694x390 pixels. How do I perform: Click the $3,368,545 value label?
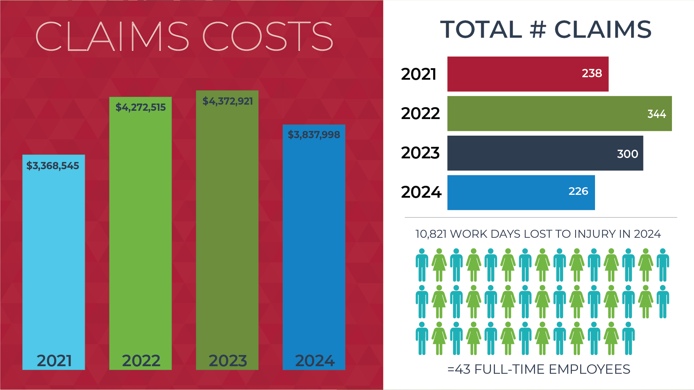53,166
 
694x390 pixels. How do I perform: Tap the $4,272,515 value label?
141,108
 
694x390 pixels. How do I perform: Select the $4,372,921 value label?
228,101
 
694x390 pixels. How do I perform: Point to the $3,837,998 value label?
314,135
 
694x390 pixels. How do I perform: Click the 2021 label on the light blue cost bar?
54,361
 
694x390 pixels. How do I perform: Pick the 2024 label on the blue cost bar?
315,361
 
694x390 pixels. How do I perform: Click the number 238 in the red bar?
592,74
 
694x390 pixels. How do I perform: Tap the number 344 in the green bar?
656,114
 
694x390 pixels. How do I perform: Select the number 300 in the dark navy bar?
628,154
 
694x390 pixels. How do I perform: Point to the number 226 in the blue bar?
578,191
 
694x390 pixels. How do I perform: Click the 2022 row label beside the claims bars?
420,114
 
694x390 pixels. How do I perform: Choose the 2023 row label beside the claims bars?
420,153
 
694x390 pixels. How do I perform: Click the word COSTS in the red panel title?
267,36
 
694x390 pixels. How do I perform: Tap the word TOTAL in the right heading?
481,30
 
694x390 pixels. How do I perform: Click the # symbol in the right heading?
538,30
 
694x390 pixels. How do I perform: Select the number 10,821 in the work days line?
431,234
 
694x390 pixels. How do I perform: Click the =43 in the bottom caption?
459,369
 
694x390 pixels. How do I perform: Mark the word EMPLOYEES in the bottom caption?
589,369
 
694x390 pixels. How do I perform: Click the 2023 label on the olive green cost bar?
228,361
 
